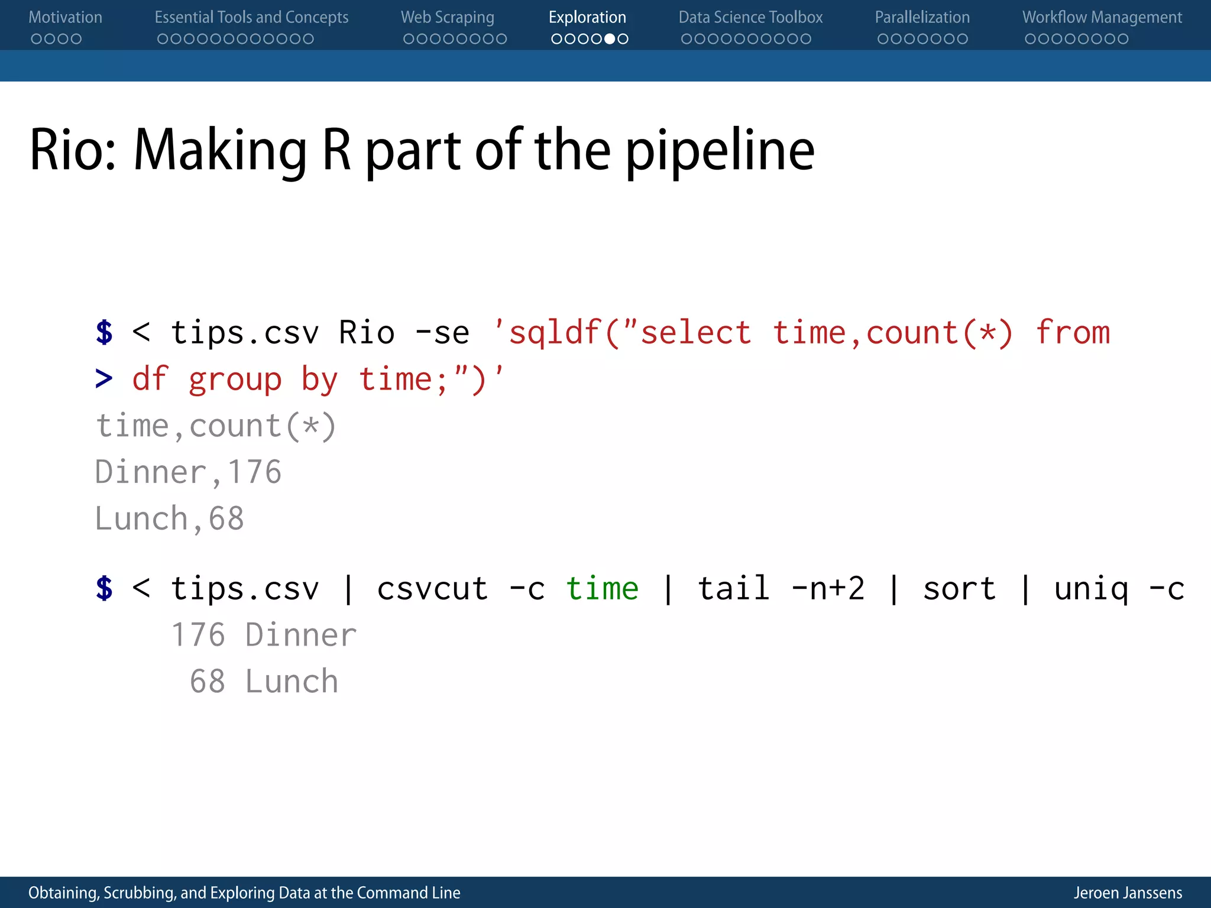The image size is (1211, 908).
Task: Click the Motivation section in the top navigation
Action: (x=65, y=18)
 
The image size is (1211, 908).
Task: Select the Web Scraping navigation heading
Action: (x=447, y=18)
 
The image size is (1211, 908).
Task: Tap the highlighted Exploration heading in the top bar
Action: (x=587, y=18)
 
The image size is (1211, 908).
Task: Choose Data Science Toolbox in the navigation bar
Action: (x=750, y=18)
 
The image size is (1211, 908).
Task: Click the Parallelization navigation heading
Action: (x=922, y=18)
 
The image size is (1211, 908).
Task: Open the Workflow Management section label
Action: (x=1102, y=18)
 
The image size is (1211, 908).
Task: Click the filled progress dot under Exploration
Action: (x=609, y=39)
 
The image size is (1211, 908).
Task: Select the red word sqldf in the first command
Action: (x=555, y=333)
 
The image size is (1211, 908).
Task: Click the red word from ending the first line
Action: (x=1073, y=333)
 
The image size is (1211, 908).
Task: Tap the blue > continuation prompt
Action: (x=104, y=379)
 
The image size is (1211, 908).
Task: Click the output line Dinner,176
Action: (x=188, y=472)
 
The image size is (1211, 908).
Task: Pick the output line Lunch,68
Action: (x=169, y=518)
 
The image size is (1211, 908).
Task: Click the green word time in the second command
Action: (x=602, y=589)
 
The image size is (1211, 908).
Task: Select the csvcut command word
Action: (x=432, y=589)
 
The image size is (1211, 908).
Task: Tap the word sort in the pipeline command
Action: (x=959, y=589)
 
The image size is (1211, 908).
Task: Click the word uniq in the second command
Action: (x=1091, y=589)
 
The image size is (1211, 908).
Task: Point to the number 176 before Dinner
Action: (x=198, y=635)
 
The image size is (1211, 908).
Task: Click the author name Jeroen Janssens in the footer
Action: (x=1128, y=893)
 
